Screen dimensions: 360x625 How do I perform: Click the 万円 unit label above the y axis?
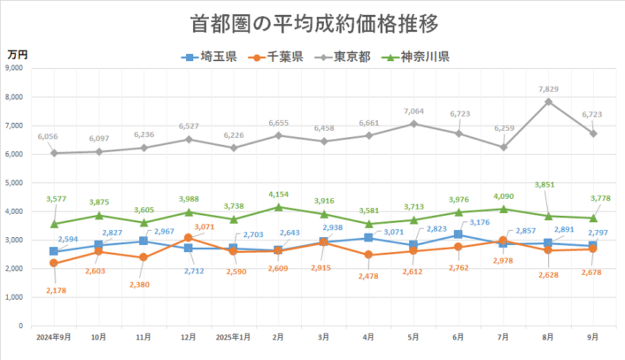click(17, 55)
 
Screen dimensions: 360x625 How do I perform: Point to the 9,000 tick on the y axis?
click(13, 68)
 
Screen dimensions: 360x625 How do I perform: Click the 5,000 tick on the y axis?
click(13, 182)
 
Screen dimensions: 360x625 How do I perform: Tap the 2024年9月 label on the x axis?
click(54, 337)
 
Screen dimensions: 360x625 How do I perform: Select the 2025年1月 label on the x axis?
click(234, 337)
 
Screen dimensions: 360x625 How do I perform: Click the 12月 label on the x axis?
click(188, 337)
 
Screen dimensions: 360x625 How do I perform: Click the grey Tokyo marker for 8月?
click(548, 102)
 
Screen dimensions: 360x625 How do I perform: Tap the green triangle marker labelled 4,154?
click(278, 207)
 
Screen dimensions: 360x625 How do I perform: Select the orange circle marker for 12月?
click(188, 238)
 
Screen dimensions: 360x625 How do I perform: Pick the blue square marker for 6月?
click(458, 234)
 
